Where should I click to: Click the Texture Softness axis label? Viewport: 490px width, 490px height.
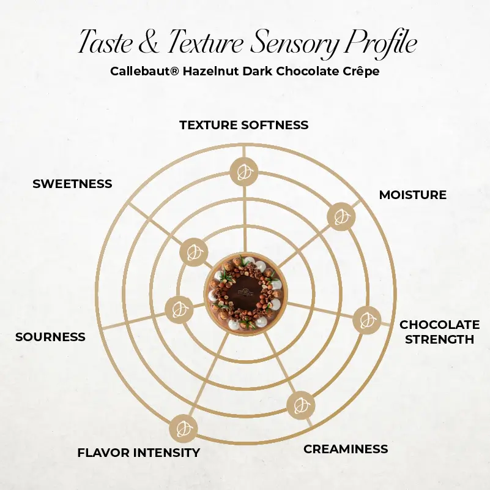[244, 125]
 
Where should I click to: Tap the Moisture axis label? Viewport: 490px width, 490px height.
[413, 195]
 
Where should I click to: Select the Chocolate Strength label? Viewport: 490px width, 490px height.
[440, 332]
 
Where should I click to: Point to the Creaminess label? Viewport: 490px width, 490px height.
[346, 449]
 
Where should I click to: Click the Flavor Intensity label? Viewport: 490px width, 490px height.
[139, 453]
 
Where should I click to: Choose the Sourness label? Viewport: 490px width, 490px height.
[50, 337]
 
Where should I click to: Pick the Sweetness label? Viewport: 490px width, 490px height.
[72, 184]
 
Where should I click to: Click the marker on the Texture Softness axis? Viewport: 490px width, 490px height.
[243, 171]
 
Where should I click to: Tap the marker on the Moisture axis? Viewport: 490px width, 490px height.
[341, 217]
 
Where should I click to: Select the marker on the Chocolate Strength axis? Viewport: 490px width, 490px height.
[367, 320]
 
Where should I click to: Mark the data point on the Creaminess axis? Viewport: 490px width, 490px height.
[300, 405]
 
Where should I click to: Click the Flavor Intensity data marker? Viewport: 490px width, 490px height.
[183, 429]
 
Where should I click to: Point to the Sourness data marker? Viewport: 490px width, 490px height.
[179, 309]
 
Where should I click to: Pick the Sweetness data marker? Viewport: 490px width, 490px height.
[193, 252]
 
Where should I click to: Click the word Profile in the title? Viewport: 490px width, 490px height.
[380, 42]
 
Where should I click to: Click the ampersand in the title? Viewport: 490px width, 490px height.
[148, 42]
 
